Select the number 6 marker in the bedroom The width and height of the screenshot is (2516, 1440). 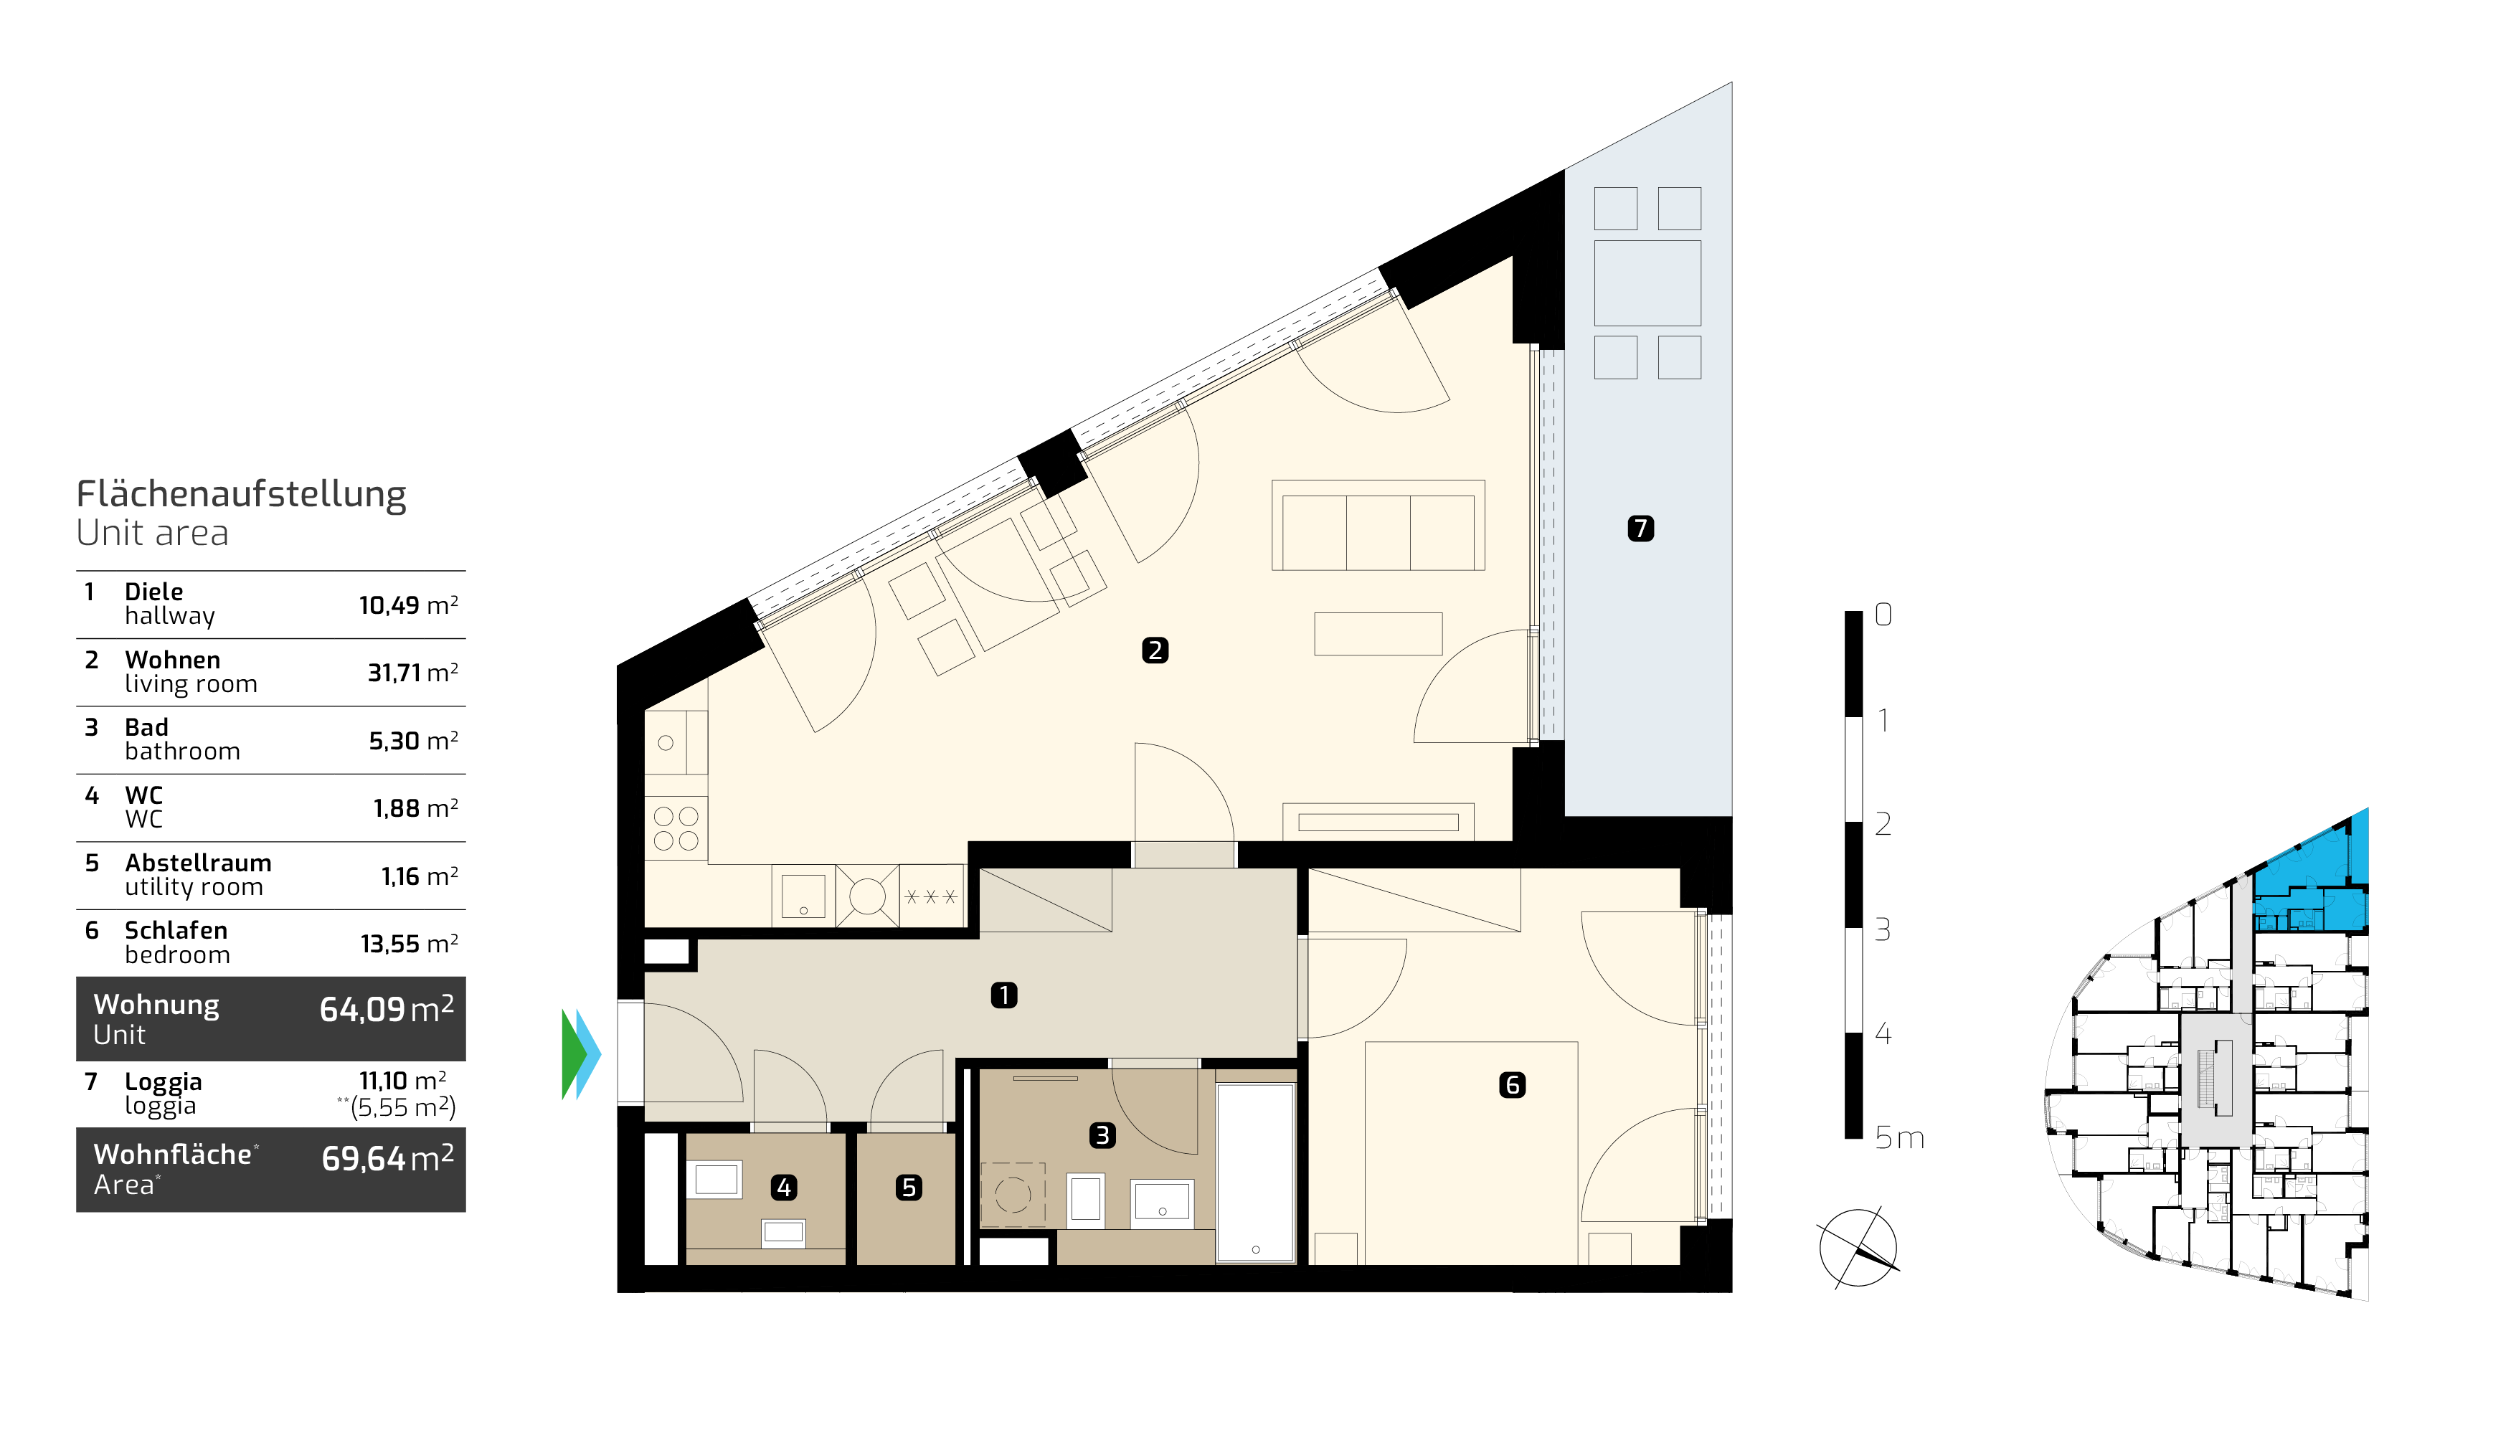click(x=1512, y=1085)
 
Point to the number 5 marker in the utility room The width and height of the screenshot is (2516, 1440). click(x=909, y=1187)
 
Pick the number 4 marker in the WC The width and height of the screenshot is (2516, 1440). click(x=784, y=1187)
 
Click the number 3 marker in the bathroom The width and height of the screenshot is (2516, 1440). click(x=1103, y=1135)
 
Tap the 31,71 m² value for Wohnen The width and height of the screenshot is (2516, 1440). click(x=412, y=673)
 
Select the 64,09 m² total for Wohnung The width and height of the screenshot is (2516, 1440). click(x=387, y=1009)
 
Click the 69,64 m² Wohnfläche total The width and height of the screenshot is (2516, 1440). click(x=388, y=1158)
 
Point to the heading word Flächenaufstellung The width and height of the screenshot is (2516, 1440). click(x=241, y=493)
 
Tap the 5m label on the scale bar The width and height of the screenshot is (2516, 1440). click(x=1900, y=1138)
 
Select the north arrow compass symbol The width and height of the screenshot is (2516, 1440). click(x=1858, y=1248)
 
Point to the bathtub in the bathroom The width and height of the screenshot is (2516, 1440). click(x=1256, y=1173)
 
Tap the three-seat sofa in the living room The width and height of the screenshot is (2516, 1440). click(x=1378, y=525)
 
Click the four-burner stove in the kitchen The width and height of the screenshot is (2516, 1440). click(x=676, y=828)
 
